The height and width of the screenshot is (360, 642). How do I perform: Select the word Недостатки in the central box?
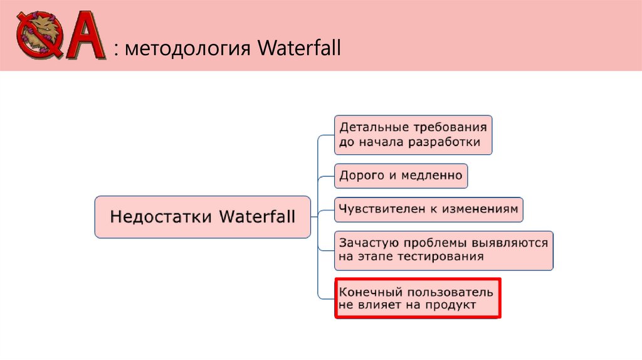coord(162,217)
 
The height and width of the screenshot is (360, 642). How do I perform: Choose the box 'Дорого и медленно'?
coord(401,176)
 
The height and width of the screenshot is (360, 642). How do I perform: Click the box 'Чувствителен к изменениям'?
coord(429,209)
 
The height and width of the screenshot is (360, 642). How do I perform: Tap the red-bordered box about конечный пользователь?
coord(418,299)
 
